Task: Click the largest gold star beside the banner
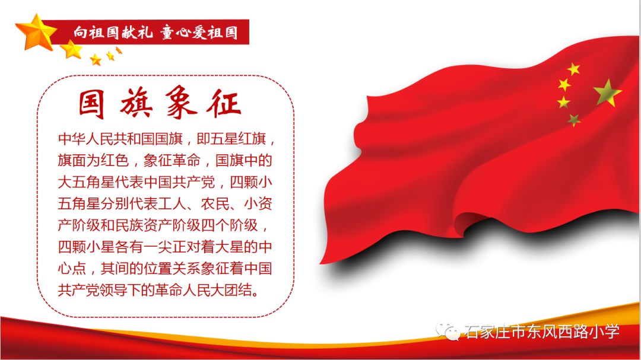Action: click(36, 32)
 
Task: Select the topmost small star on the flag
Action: click(573, 69)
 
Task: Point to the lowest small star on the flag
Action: click(573, 120)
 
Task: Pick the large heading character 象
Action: click(181, 102)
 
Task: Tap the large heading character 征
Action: click(224, 102)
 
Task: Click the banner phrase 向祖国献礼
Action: click(113, 32)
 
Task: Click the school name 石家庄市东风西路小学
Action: click(542, 332)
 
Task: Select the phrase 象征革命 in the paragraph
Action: click(172, 161)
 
